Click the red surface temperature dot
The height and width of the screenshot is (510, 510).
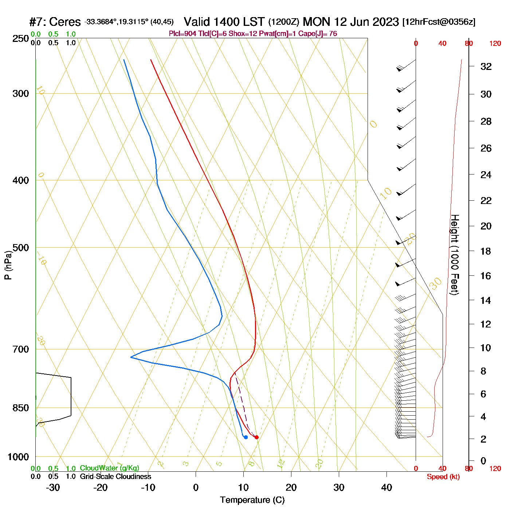pyautogui.click(x=256, y=437)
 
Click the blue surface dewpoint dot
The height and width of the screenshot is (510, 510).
pyautogui.click(x=246, y=437)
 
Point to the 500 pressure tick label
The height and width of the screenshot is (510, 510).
pyautogui.click(x=21, y=248)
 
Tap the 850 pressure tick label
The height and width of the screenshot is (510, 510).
pyautogui.click(x=21, y=408)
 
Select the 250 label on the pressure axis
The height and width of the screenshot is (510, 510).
pyautogui.click(x=21, y=39)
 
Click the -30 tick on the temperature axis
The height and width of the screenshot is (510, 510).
pyautogui.click(x=53, y=487)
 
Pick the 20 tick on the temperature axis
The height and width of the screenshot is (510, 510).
pyautogui.click(x=291, y=487)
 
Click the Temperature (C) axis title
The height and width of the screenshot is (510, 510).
pyautogui.click(x=252, y=500)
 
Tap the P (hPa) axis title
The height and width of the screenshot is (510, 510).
pyautogui.click(x=8, y=265)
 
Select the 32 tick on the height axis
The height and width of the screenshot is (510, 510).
pyautogui.click(x=486, y=67)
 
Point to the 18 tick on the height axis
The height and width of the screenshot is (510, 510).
pyautogui.click(x=486, y=251)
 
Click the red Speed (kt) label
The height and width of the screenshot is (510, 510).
pyautogui.click(x=443, y=477)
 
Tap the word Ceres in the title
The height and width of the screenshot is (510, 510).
pyautogui.click(x=65, y=22)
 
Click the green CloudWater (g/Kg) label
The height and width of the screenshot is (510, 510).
pyautogui.click(x=109, y=468)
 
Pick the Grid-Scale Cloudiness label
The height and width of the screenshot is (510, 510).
pyautogui.click(x=115, y=476)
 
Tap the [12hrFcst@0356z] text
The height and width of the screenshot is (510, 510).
pyautogui.click(x=439, y=22)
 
